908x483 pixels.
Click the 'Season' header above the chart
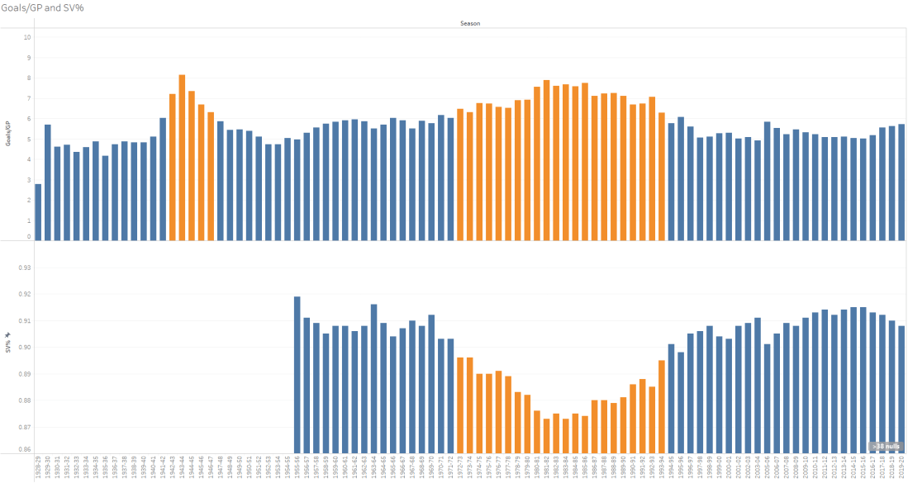pyautogui.click(x=470, y=23)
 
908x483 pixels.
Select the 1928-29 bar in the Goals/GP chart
pyautogui.click(x=38, y=211)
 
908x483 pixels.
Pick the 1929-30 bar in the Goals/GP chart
pyautogui.click(x=48, y=182)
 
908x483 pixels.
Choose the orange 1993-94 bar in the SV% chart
pyautogui.click(x=662, y=405)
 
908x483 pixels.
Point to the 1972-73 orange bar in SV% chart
pyautogui.click(x=460, y=405)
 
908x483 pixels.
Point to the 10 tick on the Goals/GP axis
pyautogui.click(x=27, y=37)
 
